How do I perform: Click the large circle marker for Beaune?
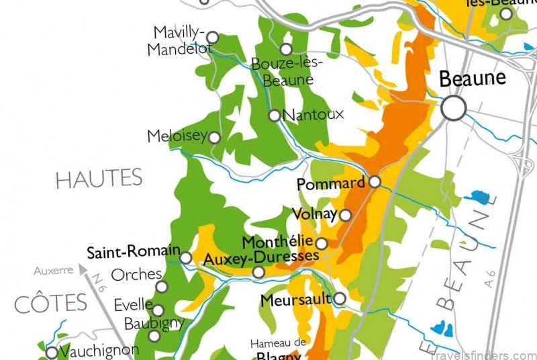[x=454, y=107]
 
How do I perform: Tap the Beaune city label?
[x=472, y=79]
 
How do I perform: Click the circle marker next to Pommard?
[x=375, y=181]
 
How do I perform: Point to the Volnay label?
[x=314, y=215]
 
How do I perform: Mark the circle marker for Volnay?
[x=345, y=215]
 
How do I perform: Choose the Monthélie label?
[x=277, y=242]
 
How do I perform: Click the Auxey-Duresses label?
[x=260, y=258]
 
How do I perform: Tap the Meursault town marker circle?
[x=340, y=298]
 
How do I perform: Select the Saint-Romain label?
[x=133, y=253]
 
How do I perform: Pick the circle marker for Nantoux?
[x=274, y=116]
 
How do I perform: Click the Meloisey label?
[x=177, y=136]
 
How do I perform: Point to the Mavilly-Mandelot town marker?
[x=212, y=37]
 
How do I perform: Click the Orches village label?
[x=136, y=274]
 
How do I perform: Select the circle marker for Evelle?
[x=158, y=310]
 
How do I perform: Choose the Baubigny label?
[x=154, y=323]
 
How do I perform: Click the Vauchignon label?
[x=99, y=351]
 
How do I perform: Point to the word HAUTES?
[x=99, y=179]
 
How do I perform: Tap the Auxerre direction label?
[x=53, y=271]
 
